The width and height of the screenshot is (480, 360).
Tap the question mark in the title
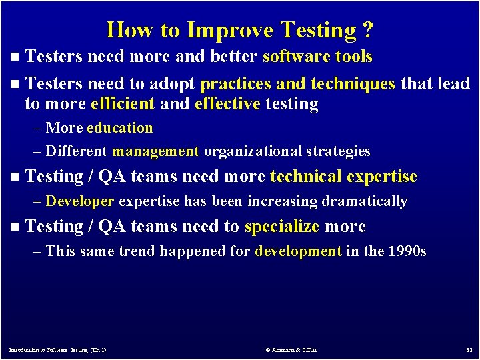click(x=368, y=30)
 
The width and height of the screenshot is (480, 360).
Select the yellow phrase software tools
click(x=317, y=57)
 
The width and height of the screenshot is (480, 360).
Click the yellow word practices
click(x=235, y=84)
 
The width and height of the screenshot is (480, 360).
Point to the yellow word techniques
click(x=353, y=84)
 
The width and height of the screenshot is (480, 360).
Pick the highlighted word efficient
click(x=123, y=104)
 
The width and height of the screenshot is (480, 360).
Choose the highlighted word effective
click(x=227, y=104)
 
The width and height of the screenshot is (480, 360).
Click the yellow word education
click(x=120, y=128)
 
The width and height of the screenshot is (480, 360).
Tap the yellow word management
click(x=156, y=152)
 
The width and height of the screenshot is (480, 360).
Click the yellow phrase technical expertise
click(x=343, y=177)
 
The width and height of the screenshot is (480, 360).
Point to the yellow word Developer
click(x=81, y=201)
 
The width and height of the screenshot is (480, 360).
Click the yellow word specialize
click(x=282, y=227)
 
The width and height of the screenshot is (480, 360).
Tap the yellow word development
click(x=299, y=251)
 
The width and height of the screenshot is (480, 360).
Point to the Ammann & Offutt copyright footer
click(x=291, y=349)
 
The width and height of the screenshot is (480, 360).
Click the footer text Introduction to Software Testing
click(x=57, y=349)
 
